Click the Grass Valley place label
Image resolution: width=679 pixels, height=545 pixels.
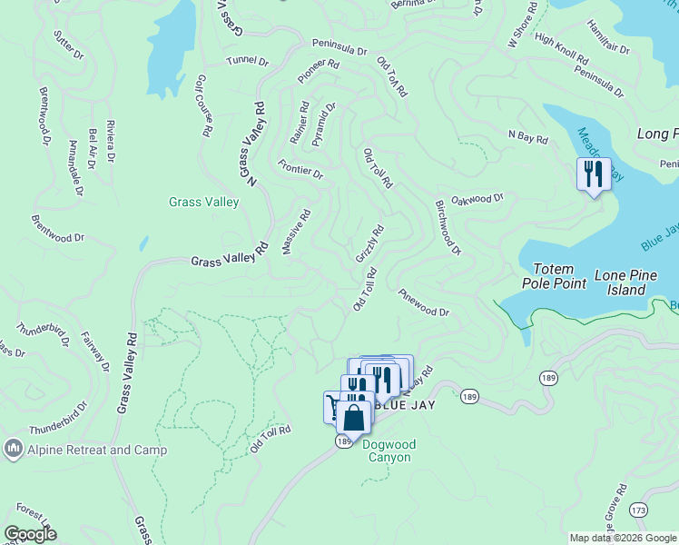pyautogui.click(x=203, y=202)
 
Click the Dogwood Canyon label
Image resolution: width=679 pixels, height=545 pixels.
pyautogui.click(x=387, y=451)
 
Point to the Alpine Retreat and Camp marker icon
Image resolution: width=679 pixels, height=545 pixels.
pyautogui.click(x=13, y=449)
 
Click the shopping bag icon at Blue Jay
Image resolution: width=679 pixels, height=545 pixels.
pyautogui.click(x=353, y=418)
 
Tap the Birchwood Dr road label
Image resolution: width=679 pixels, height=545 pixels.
pyautogui.click(x=448, y=227)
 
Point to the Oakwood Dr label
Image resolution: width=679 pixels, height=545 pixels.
pyautogui.click(x=477, y=199)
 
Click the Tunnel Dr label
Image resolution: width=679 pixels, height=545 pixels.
pyautogui.click(x=248, y=62)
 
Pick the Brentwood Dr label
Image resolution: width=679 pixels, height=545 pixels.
pyautogui.click(x=57, y=228)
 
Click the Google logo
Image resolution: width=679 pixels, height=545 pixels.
pyautogui.click(x=30, y=534)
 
